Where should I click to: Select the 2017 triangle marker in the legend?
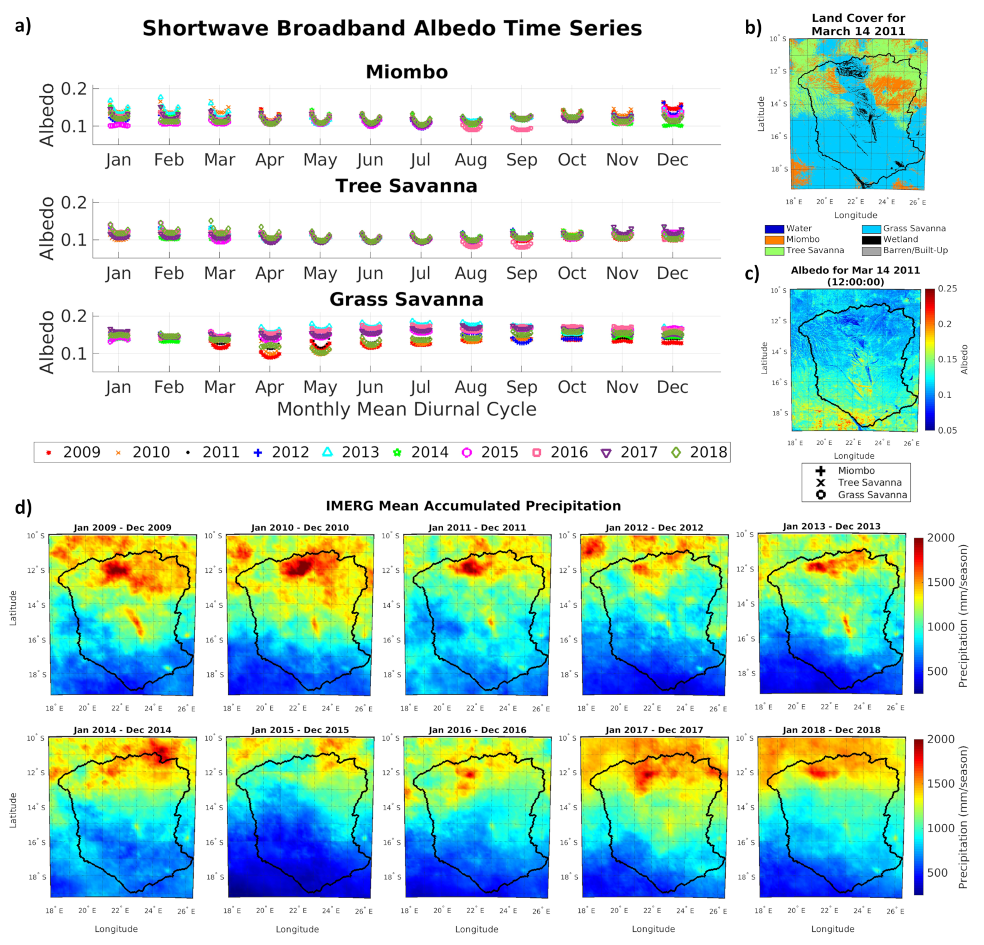pos(606,452)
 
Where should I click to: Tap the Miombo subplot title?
pos(407,72)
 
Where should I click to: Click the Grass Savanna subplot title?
pos(407,300)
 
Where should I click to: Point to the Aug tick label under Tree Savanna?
pos(471,274)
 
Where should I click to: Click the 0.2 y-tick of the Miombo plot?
pos(74,89)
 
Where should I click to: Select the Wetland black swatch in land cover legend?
pos(871,239)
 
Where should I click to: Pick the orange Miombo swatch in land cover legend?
pos(775,239)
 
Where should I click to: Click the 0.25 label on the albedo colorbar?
pos(947,289)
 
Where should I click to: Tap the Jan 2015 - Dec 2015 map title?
pos(300,730)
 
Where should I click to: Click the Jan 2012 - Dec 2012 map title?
pos(654,528)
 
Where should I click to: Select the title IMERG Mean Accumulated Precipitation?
pos(473,506)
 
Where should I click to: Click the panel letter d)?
pos(23,507)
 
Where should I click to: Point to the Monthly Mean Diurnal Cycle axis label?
pos(407,409)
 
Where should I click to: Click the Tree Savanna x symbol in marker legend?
pos(820,483)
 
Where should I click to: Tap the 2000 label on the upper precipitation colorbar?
pos(941,538)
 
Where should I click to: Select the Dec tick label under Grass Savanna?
pos(673,387)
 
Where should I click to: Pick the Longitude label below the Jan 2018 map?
pos(832,929)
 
